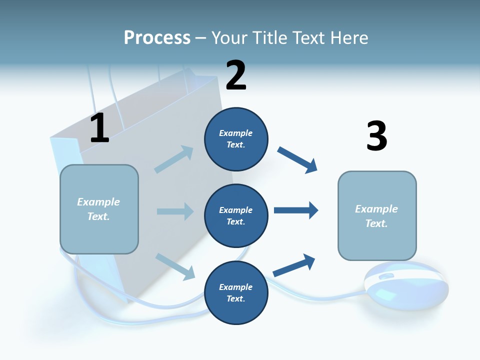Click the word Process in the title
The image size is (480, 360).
point(157,38)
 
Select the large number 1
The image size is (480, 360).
point(99,128)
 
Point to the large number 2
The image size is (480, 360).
point(236,75)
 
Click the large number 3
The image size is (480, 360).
point(376,135)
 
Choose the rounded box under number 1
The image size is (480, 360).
point(99,209)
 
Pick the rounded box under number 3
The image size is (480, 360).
point(377,216)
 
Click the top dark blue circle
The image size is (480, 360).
point(236,139)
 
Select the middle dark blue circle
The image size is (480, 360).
point(236,215)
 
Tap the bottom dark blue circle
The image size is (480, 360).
point(236,292)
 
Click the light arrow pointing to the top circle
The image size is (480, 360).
point(174,159)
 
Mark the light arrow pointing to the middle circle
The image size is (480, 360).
point(175,211)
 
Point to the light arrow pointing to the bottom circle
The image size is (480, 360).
point(175,266)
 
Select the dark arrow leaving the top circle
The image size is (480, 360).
point(297,160)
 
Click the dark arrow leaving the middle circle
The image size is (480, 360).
point(296,210)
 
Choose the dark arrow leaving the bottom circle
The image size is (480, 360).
point(294,265)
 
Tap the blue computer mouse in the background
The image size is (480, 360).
point(405,284)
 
